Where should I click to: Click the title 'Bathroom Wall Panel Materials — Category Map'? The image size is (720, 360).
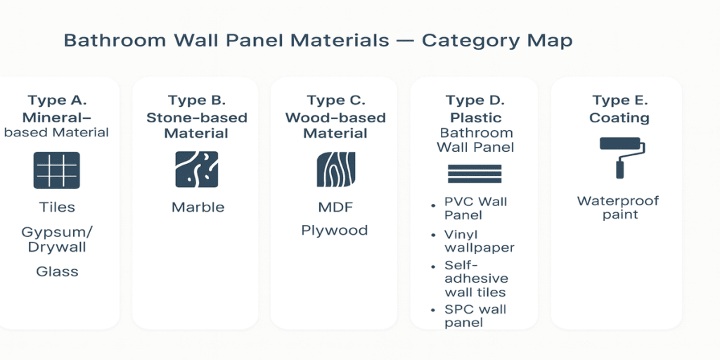tap(318, 41)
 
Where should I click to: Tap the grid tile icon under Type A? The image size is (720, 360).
tap(57, 171)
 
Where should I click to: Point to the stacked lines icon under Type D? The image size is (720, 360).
tap(475, 174)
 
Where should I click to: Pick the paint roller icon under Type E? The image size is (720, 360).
tap(620, 156)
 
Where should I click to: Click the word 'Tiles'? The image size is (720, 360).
tap(57, 207)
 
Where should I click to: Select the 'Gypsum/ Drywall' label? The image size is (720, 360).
tap(57, 239)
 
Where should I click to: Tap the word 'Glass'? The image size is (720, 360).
tap(57, 271)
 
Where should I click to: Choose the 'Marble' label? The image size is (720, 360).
tap(198, 207)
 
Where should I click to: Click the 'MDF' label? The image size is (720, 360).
tap(335, 207)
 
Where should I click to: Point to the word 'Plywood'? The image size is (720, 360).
tap(335, 231)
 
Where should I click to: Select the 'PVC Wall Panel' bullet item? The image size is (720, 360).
tap(475, 208)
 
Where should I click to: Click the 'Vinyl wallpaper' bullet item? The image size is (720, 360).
tap(479, 241)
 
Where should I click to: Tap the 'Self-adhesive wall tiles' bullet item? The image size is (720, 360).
tap(475, 278)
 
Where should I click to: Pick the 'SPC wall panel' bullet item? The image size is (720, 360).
tap(475, 316)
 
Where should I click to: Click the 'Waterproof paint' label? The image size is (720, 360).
tap(618, 207)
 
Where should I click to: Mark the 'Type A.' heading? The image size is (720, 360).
tap(57, 101)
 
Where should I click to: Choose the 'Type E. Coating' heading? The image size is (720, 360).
tap(619, 109)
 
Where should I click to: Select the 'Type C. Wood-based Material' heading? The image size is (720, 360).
tap(335, 117)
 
